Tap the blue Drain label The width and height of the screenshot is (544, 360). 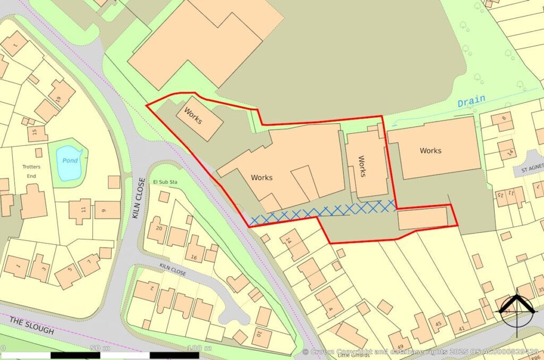(x=471, y=100)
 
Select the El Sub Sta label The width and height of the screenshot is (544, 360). (x=165, y=183)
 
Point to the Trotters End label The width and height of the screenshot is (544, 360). (x=31, y=171)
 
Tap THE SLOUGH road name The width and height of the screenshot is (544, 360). (x=32, y=325)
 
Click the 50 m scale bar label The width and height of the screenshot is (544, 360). (x=96, y=348)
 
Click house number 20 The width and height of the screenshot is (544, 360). (x=158, y=227)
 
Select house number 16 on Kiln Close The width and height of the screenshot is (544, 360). (x=194, y=258)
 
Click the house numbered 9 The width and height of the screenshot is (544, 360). (x=103, y=211)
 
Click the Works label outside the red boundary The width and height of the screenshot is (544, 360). (x=430, y=151)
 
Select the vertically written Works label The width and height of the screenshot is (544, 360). (x=362, y=166)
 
